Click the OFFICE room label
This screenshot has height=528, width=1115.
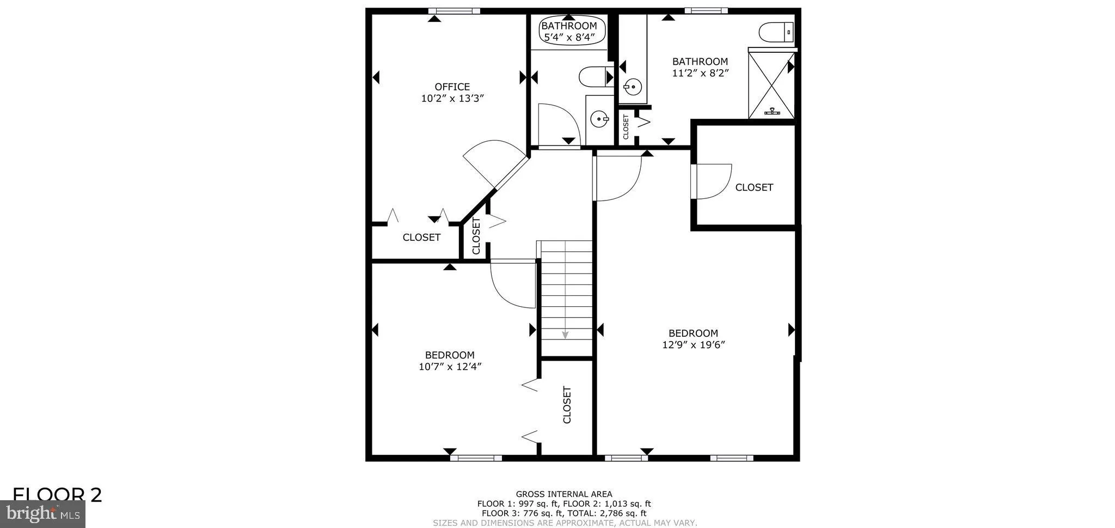(452, 87)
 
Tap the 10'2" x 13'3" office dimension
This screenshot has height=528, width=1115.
(452, 99)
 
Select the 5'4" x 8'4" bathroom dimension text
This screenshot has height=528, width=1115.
(568, 38)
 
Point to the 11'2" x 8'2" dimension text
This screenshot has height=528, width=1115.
(700, 73)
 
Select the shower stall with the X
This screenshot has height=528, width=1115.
(771, 85)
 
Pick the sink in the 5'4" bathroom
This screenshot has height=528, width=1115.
(599, 118)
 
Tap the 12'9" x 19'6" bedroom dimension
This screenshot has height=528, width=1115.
(693, 345)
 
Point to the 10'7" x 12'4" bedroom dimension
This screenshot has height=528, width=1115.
(450, 367)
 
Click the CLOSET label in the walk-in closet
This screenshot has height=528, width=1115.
(754, 187)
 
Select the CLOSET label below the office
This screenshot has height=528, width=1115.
(421, 238)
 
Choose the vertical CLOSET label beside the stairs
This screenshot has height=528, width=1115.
(567, 405)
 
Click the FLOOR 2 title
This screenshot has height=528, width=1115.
(57, 495)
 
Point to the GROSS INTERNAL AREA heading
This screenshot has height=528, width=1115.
(563, 494)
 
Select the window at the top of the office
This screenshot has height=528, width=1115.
(454, 11)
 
